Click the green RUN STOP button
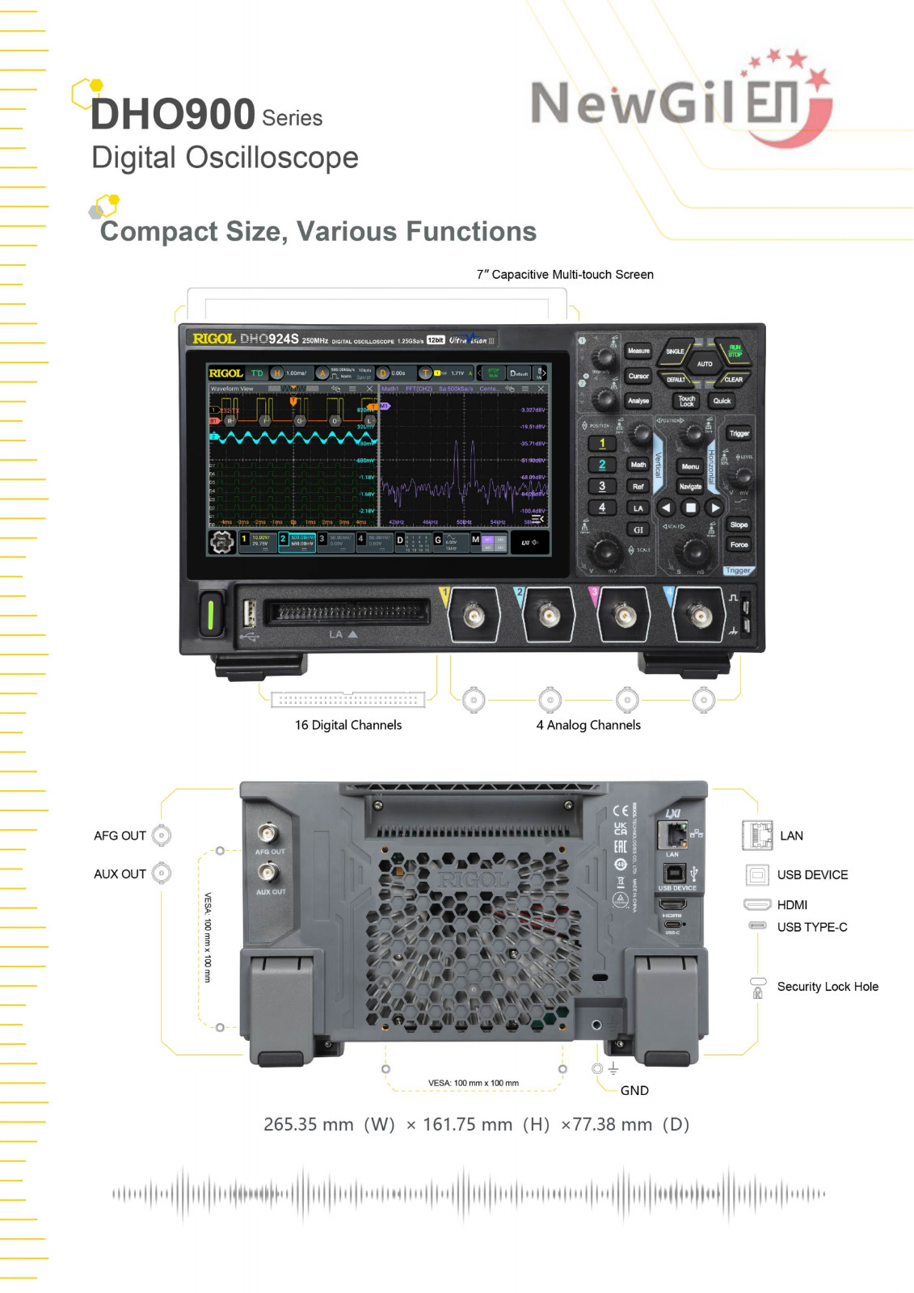(x=734, y=351)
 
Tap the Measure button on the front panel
(x=638, y=351)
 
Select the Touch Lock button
(x=687, y=401)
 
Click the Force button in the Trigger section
(x=739, y=545)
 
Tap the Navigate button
(x=690, y=486)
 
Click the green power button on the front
(x=210, y=613)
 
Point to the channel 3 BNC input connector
(x=623, y=617)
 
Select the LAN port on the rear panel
(x=672, y=833)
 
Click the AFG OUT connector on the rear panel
(x=267, y=832)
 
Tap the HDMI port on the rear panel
(x=672, y=904)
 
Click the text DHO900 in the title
(x=173, y=114)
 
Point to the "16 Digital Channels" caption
(x=348, y=725)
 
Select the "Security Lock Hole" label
(x=828, y=987)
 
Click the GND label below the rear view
(x=634, y=1090)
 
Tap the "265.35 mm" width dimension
(x=309, y=1124)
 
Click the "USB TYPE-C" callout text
(x=812, y=927)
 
